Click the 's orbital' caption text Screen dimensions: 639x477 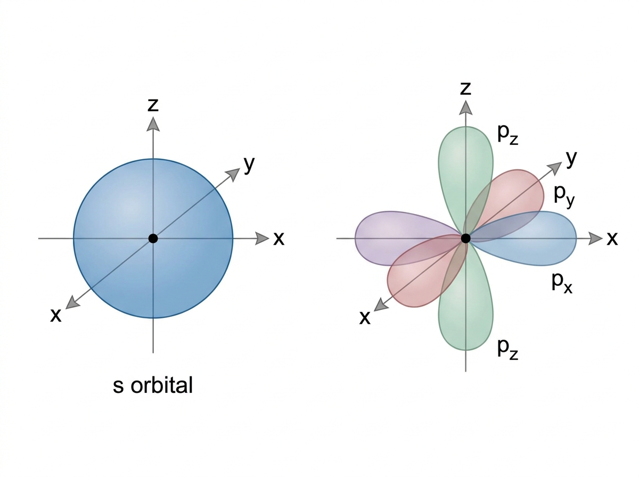(x=152, y=385)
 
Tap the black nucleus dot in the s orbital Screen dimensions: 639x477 (x=153, y=238)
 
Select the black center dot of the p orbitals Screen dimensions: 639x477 (x=465, y=238)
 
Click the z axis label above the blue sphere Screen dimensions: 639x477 (x=153, y=105)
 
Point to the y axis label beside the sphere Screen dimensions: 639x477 (x=249, y=165)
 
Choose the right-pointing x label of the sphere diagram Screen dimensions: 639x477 (x=278, y=239)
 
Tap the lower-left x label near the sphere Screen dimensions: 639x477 (x=55, y=315)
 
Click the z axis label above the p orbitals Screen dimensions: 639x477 (x=465, y=88)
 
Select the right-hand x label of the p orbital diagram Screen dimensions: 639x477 (x=612, y=239)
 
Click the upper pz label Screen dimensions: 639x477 (x=507, y=135)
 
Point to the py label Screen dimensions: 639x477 (x=564, y=196)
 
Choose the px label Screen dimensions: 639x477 (x=562, y=283)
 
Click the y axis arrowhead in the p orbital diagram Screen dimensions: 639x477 (x=555, y=168)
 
